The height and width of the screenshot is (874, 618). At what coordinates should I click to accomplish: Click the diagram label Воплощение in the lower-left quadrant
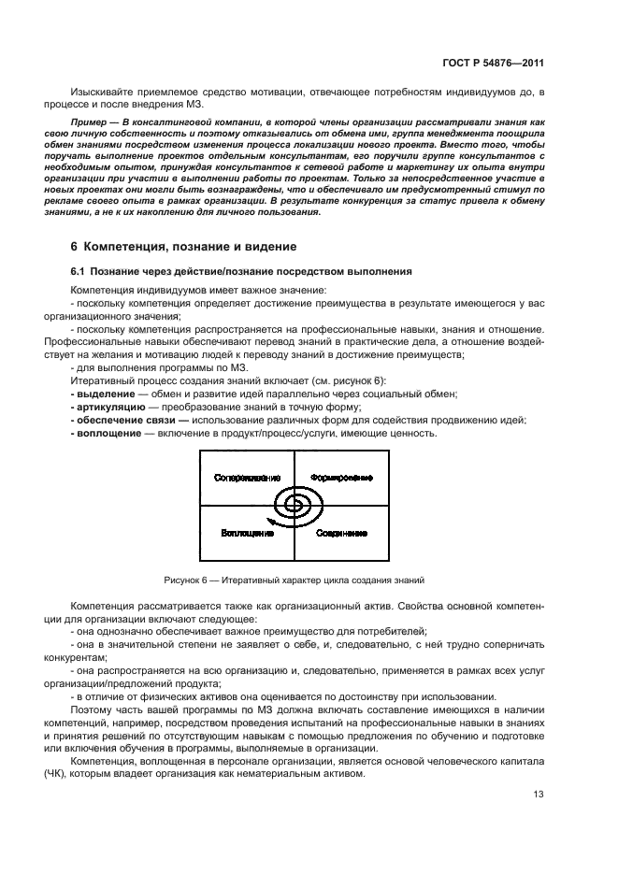coord(247,533)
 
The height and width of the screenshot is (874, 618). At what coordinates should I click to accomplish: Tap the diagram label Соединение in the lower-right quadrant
coord(340,533)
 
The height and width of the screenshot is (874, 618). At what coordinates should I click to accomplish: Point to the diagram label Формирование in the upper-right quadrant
coord(341,478)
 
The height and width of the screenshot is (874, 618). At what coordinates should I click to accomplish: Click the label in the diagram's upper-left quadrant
coord(247,478)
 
